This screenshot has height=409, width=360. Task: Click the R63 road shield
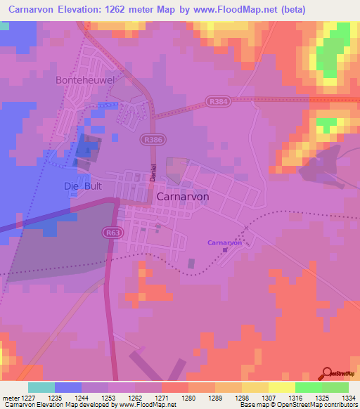point(112,233)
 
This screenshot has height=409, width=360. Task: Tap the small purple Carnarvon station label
point(225,242)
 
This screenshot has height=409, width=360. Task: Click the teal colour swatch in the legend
point(41,387)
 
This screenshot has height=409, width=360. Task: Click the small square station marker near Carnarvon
point(225,249)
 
